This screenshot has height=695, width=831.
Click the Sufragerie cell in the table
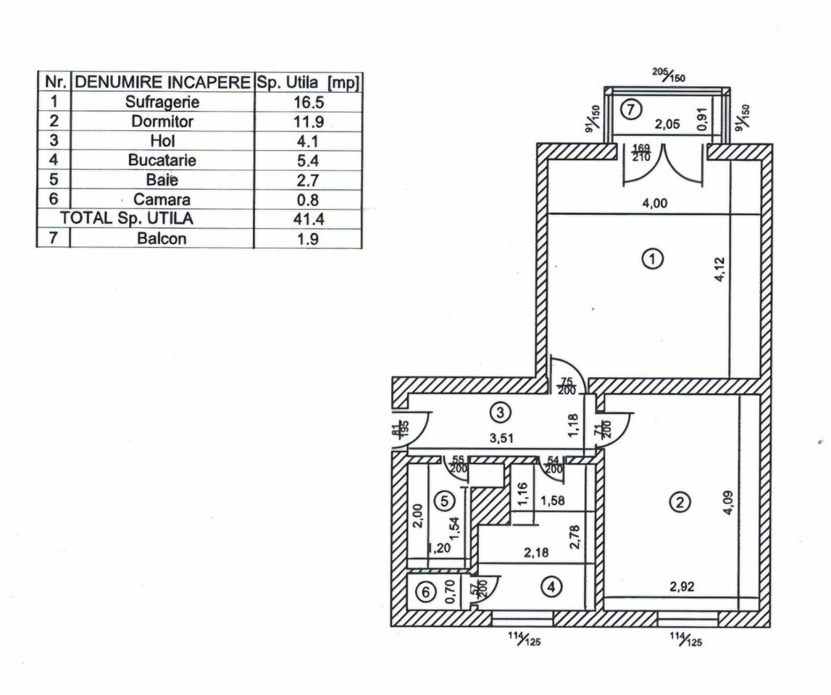pyautogui.click(x=162, y=101)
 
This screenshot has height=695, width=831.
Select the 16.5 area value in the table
pyautogui.click(x=309, y=102)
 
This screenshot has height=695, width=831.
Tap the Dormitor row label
pyautogui.click(x=162, y=122)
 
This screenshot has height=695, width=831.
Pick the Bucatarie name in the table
pyautogui.click(x=162, y=161)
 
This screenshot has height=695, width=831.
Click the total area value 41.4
pyautogui.click(x=309, y=219)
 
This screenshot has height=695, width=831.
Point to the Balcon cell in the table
pyautogui.click(x=162, y=238)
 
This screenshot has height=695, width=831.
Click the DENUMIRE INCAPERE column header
pyautogui.click(x=163, y=82)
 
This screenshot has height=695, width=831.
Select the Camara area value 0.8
pyautogui.click(x=309, y=200)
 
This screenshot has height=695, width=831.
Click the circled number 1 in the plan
pyautogui.click(x=652, y=259)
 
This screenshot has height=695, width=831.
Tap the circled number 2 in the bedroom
pyautogui.click(x=680, y=502)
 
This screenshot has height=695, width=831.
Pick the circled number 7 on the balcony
pyautogui.click(x=631, y=109)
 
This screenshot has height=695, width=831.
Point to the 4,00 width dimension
pyautogui.click(x=655, y=203)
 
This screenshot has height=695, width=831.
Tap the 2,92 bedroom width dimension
pyautogui.click(x=682, y=586)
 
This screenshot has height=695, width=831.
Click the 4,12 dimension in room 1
pyautogui.click(x=719, y=269)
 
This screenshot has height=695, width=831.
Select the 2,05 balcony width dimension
pyautogui.click(x=667, y=125)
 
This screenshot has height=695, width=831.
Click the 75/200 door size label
pyautogui.click(x=567, y=386)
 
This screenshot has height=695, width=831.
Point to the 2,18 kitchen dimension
pyautogui.click(x=536, y=553)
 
